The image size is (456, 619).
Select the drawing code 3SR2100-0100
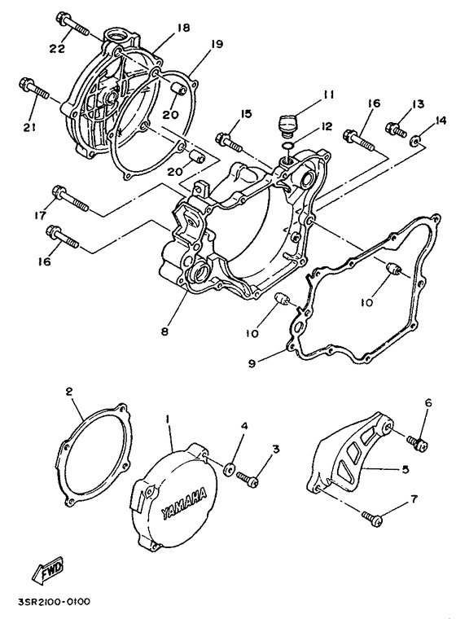[51, 603]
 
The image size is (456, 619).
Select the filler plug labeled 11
[286, 124]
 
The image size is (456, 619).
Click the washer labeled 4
[230, 469]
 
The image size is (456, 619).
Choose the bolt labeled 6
[419, 441]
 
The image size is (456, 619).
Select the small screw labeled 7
[373, 516]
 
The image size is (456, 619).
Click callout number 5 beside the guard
[406, 469]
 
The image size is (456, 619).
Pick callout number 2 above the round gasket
[70, 392]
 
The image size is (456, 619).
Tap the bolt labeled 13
[397, 129]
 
